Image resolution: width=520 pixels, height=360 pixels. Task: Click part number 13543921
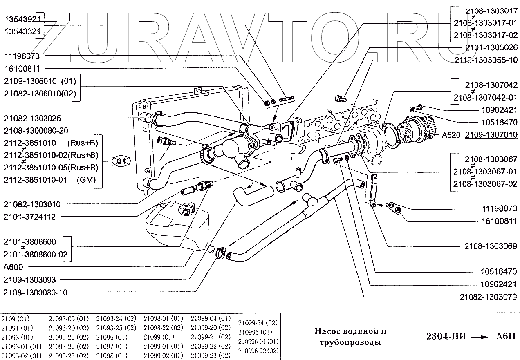pos(22,20)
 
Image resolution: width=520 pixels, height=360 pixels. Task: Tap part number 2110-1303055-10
pos(486,60)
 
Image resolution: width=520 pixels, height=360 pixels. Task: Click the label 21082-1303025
pos(32,118)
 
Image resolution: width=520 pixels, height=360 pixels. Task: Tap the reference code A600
pos(13,267)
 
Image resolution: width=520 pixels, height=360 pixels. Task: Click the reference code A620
pos(448,134)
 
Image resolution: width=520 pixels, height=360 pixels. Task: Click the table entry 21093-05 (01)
pos(69,318)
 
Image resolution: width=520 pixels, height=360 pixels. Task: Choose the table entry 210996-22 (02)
pos(258,350)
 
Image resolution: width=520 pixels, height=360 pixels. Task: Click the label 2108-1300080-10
pos(35,293)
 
